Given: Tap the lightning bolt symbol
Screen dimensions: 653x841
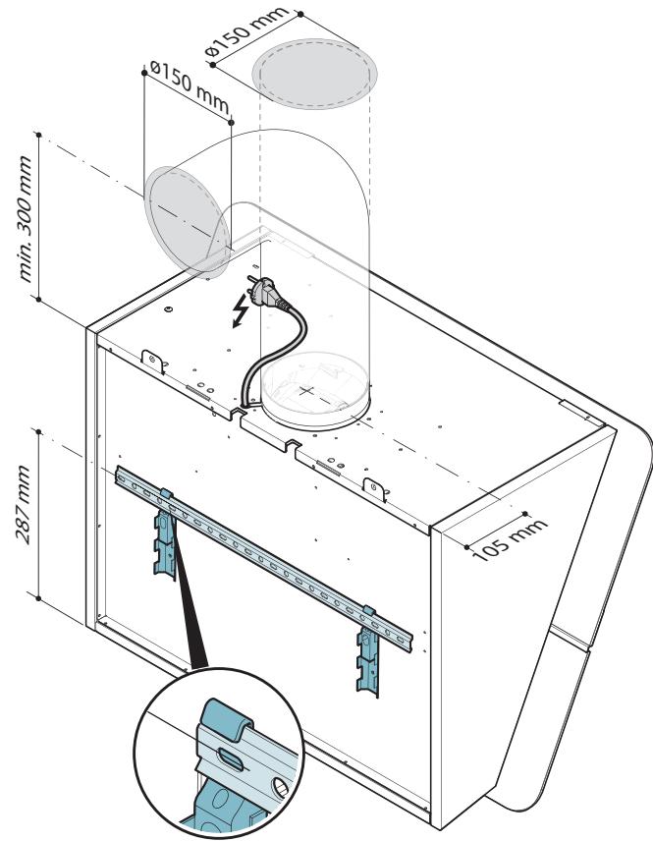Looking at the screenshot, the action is (x=241, y=310).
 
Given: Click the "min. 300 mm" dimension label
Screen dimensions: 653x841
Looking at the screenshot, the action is (x=25, y=218).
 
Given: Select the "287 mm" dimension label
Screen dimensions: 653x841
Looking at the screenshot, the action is (x=23, y=505).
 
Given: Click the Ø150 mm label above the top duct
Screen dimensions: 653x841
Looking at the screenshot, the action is (x=246, y=31).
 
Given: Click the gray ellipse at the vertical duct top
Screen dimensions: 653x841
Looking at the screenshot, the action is (x=314, y=74).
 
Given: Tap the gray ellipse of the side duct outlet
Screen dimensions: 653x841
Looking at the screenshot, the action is (x=187, y=222).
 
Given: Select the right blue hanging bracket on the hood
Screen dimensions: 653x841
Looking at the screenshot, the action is (x=368, y=650).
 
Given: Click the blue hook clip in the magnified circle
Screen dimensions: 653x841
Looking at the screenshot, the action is (x=226, y=719).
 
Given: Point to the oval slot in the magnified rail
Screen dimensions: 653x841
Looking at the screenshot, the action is (x=231, y=759).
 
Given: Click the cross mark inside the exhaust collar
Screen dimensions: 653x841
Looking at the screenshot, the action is (x=306, y=390).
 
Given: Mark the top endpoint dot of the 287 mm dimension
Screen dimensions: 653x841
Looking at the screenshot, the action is (x=38, y=431).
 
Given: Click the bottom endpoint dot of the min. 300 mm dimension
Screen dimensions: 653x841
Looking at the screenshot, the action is (x=38, y=299).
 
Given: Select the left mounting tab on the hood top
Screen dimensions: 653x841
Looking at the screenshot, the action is (x=153, y=361).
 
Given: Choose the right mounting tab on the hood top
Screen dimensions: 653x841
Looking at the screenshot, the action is (x=374, y=488).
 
